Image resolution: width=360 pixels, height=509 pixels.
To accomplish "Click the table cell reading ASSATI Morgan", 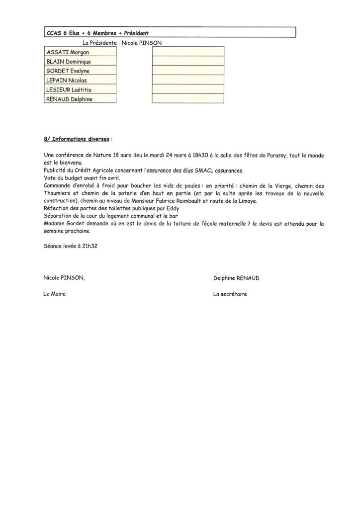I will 80,52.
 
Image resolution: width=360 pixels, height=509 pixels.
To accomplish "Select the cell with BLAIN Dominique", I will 80,61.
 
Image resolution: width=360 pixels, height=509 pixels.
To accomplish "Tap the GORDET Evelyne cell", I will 80,71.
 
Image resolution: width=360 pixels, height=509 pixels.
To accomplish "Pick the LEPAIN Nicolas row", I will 80,80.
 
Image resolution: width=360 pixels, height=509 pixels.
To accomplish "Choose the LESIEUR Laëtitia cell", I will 80,89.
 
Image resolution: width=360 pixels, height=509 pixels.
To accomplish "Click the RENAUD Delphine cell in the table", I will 80,99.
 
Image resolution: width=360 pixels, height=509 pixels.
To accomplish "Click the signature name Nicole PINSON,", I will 64,278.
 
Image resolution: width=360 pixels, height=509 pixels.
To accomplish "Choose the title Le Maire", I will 55,294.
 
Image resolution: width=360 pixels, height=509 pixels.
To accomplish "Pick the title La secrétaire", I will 230,294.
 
